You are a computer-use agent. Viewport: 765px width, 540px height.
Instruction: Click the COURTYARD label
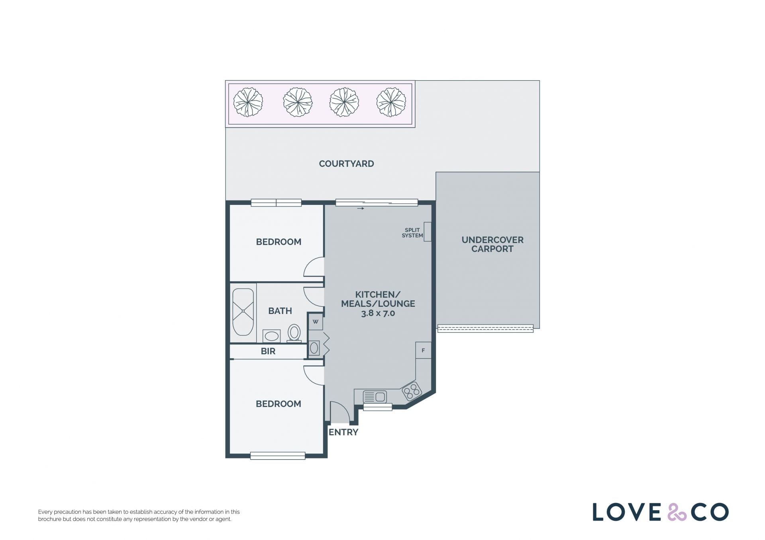(x=346, y=164)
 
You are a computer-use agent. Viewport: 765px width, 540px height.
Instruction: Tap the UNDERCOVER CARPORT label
(x=492, y=244)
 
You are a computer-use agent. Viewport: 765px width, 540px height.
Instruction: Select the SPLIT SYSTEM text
(x=412, y=233)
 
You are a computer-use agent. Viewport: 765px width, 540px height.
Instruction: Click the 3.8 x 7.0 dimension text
(x=378, y=313)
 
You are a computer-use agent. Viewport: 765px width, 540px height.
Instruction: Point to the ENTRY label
(x=343, y=432)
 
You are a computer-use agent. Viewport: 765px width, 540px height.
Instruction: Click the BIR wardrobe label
(x=268, y=351)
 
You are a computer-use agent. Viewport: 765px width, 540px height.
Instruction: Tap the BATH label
(x=280, y=311)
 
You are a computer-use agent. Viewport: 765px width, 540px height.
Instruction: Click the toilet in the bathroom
(x=294, y=333)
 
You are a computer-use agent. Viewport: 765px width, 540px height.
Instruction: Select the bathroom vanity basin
(x=271, y=336)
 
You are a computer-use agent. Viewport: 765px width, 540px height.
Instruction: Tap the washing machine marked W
(x=316, y=322)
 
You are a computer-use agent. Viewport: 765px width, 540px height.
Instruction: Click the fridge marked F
(x=423, y=350)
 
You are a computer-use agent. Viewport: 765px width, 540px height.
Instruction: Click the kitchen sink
(x=375, y=397)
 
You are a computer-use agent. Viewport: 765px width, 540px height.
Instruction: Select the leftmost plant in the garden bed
(x=248, y=102)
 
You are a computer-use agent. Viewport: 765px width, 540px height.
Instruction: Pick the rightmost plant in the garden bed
(x=391, y=102)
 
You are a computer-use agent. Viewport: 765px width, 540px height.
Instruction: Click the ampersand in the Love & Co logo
(x=677, y=512)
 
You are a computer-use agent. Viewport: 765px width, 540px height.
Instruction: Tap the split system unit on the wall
(x=428, y=232)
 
